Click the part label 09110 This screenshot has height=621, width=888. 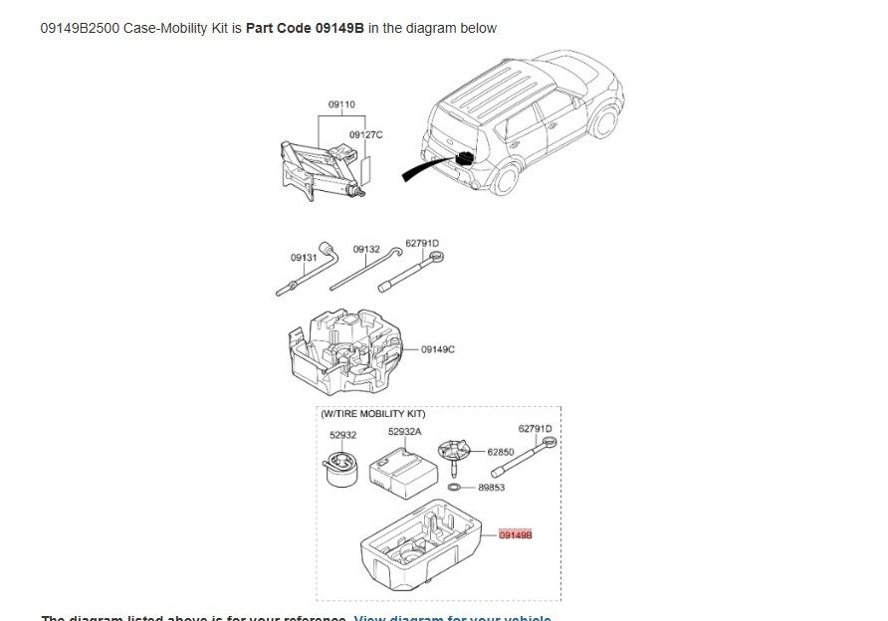pos(341,104)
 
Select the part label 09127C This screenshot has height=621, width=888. pos(364,134)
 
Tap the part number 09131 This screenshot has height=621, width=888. pos(304,257)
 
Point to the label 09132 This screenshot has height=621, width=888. pos(365,249)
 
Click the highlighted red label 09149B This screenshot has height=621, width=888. pos(516,534)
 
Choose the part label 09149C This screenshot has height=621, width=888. pos(438,349)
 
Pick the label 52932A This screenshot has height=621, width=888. pos(404,432)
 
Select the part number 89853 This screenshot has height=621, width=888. pos(492,488)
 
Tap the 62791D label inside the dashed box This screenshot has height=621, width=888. pos(535,428)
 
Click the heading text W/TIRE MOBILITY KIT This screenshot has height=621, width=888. pos(373,412)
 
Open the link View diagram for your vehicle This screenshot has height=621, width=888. pos(452,617)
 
